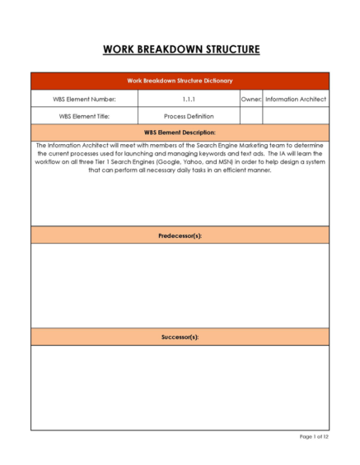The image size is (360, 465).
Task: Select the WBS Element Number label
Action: pyautogui.click(x=84, y=99)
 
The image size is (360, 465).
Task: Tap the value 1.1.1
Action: pyautogui.click(x=189, y=99)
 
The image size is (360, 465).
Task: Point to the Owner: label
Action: pyautogui.click(x=250, y=99)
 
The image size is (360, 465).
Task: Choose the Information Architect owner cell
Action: pyautogui.click(x=296, y=99)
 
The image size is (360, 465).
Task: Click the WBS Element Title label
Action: pyautogui.click(x=84, y=116)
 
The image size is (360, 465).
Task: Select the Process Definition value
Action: pyautogui.click(x=189, y=116)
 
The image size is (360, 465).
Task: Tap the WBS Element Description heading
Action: pyautogui.click(x=180, y=132)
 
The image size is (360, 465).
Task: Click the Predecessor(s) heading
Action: pyautogui.click(x=180, y=236)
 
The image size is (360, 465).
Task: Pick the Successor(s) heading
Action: pyautogui.click(x=180, y=337)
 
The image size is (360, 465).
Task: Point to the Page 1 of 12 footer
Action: pyautogui.click(x=312, y=436)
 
